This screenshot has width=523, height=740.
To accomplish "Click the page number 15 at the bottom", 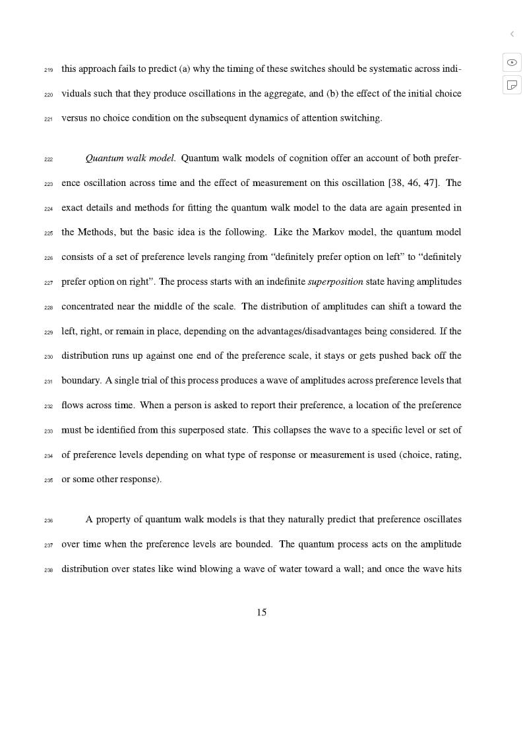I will (261, 613).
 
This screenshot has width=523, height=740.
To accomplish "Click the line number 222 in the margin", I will (48, 160).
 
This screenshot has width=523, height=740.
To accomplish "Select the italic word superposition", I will (335, 282).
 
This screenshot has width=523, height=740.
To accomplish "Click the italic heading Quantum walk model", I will (130, 158).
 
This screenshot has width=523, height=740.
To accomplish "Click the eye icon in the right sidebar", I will (512, 63).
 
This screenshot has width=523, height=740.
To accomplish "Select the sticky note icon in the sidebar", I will (512, 85).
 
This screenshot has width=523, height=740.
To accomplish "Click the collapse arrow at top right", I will (512, 34).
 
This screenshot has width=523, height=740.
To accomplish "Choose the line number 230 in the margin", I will (48, 357).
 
